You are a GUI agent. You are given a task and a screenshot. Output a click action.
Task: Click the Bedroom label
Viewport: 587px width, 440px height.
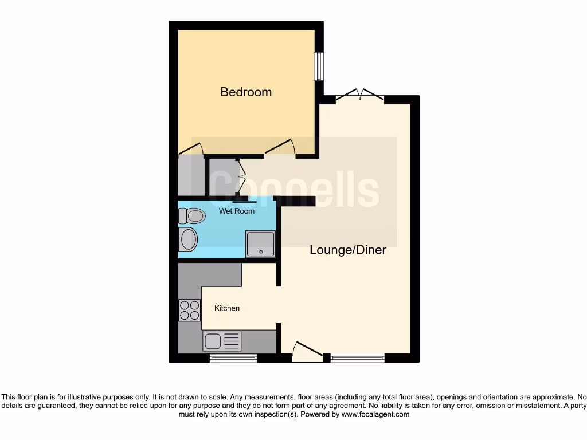click(246, 92)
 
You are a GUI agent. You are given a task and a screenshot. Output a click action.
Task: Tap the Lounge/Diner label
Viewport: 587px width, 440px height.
click(348, 250)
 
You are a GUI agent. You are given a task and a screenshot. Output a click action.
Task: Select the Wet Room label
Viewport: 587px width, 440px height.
click(237, 211)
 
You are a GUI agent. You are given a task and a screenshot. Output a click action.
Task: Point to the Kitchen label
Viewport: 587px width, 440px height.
click(227, 308)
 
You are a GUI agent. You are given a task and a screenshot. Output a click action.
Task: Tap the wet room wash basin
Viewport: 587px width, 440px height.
click(187, 239)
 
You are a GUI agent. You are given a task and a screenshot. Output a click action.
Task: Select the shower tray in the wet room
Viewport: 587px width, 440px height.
click(260, 244)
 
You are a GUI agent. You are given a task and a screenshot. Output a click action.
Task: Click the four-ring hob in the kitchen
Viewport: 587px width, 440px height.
click(189, 310)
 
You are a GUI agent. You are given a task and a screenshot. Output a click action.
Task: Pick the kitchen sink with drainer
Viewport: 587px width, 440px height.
click(222, 341)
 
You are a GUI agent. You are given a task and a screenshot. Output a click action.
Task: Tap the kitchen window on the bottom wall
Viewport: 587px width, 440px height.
click(233, 359)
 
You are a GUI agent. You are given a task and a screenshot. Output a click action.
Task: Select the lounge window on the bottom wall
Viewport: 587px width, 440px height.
click(357, 359)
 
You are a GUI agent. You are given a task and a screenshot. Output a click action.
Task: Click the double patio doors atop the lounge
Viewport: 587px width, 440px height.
click(359, 96)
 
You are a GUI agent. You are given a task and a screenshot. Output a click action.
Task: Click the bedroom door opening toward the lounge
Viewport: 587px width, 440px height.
click(281, 148)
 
